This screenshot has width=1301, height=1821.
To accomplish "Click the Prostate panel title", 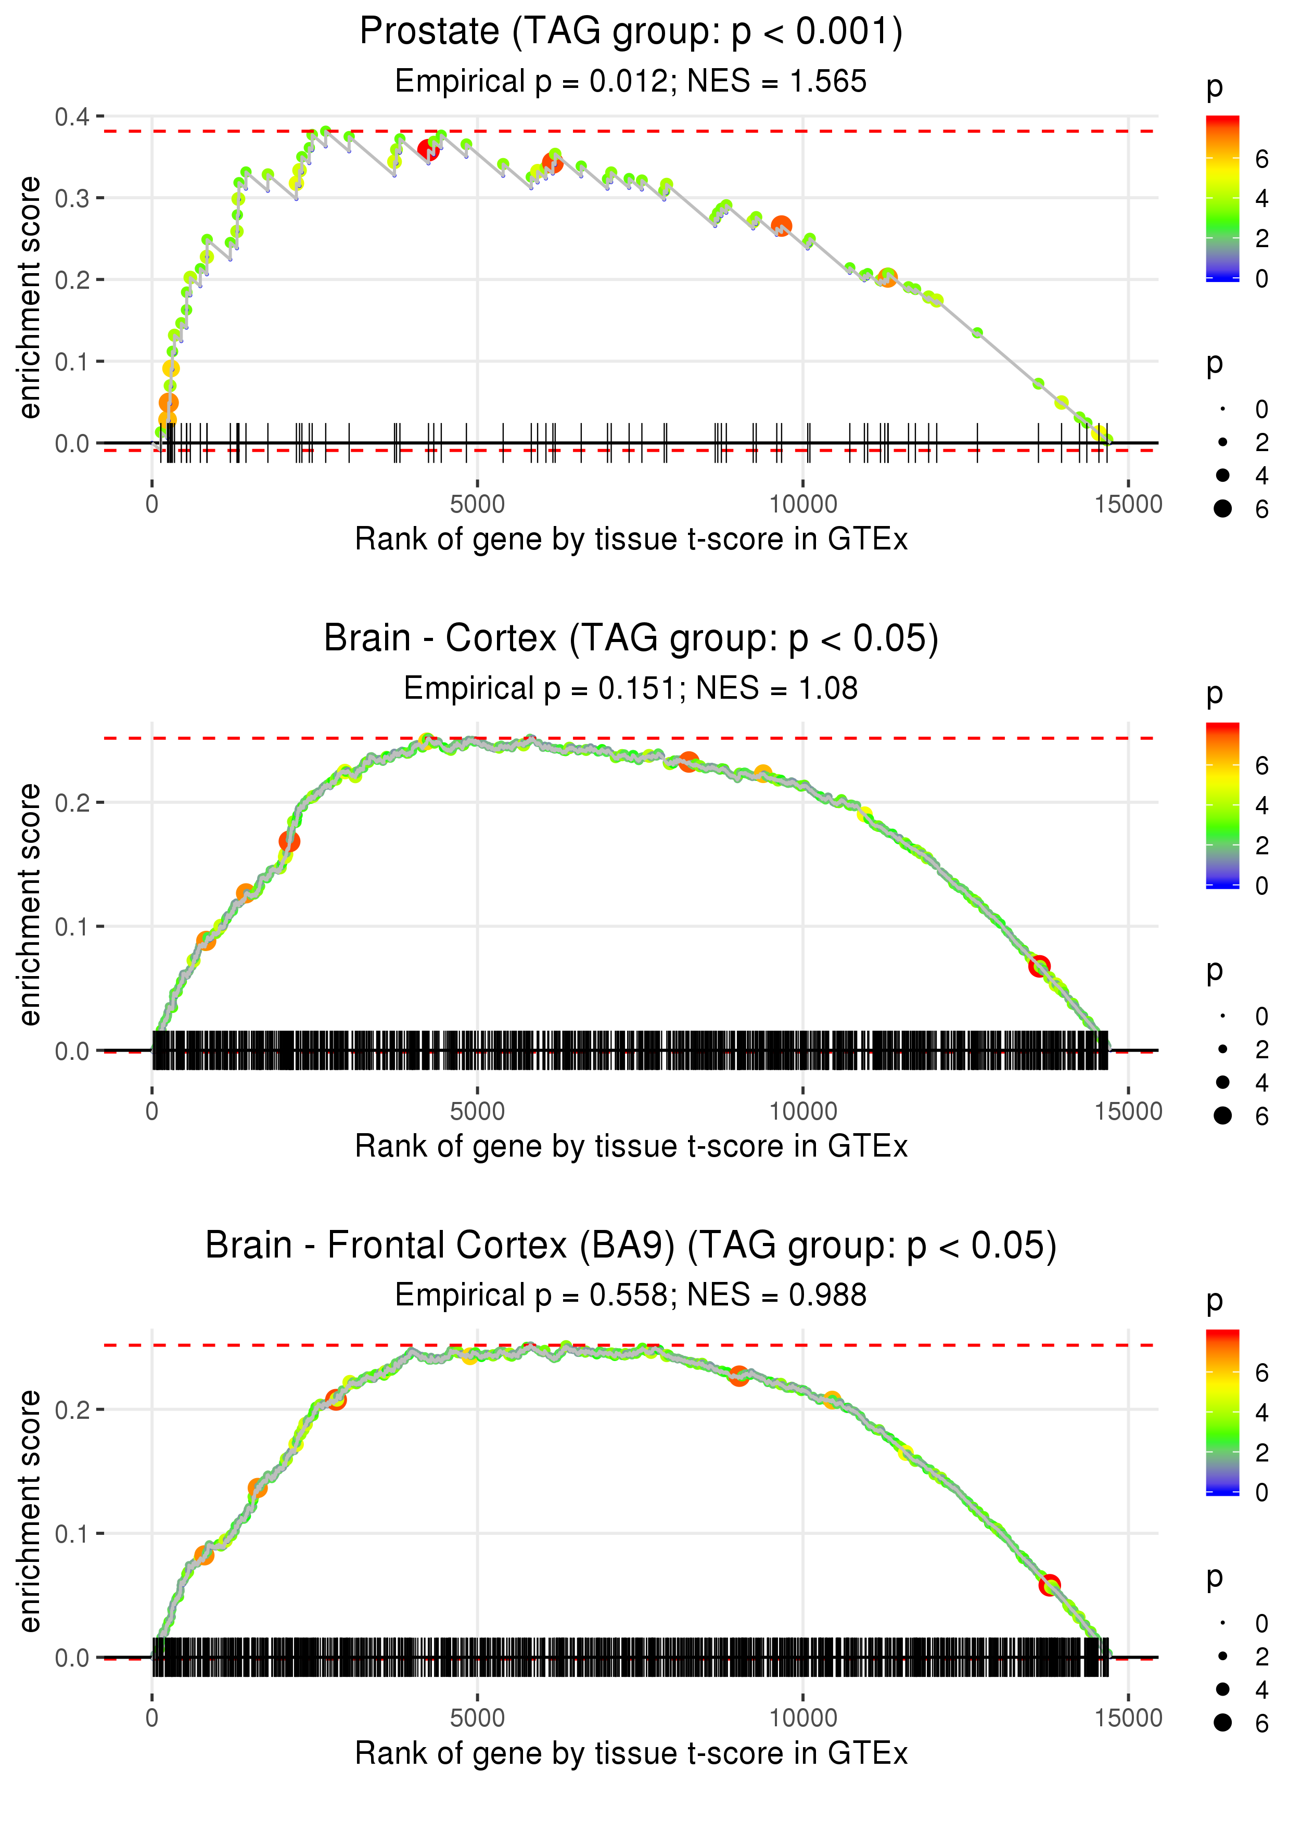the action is pos(631,32).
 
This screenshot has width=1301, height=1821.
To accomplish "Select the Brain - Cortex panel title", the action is pos(631,638).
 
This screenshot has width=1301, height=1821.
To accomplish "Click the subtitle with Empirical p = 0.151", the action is pos(540,688).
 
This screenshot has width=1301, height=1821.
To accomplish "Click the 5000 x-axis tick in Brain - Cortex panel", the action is pos(477,1111).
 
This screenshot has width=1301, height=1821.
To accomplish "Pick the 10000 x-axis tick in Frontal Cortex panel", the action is pos(802,1717).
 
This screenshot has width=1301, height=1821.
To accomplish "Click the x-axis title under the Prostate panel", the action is pos(631,539).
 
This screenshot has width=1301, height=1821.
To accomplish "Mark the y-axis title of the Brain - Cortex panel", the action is pos(30,904).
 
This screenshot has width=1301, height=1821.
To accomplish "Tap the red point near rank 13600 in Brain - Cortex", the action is pos(1039,966).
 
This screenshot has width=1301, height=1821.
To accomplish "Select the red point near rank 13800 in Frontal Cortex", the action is pos(1050,1585).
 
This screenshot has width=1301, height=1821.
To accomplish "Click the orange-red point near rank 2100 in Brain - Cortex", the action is pos(289,842).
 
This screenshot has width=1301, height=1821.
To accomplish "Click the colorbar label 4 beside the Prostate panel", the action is pos(1262,199).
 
